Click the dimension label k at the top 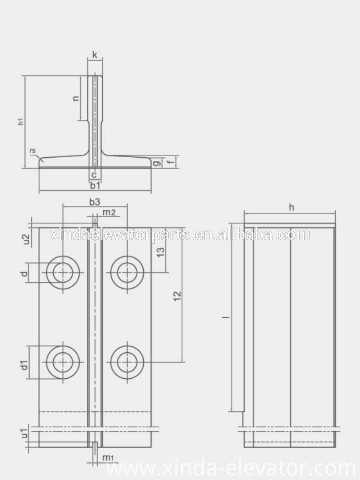click(x=95, y=55)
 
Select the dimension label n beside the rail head click(x=75, y=98)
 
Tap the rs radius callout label click(x=32, y=151)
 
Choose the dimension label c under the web click(x=94, y=175)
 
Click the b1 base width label click(x=95, y=185)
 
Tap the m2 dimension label click(x=109, y=212)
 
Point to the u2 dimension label click(x=25, y=239)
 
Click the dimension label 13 click(x=161, y=251)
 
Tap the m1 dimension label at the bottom click(x=108, y=458)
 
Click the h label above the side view click(x=292, y=207)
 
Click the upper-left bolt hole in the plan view click(x=63, y=272)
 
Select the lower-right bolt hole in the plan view click(x=127, y=362)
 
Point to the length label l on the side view click(x=225, y=317)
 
